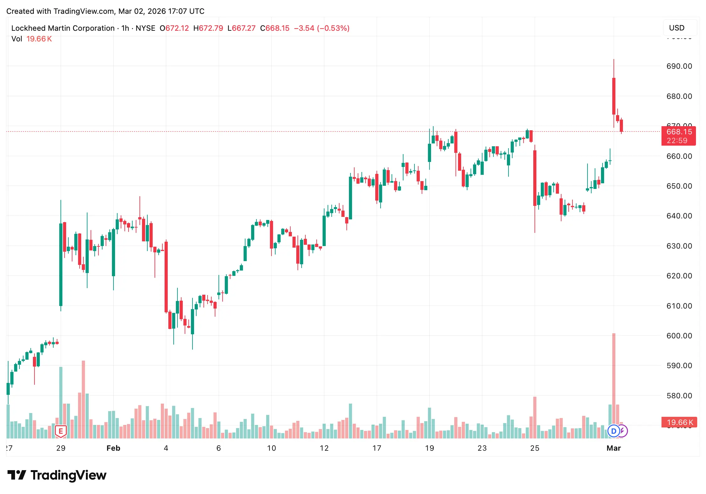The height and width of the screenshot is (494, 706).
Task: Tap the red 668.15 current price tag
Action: click(x=678, y=136)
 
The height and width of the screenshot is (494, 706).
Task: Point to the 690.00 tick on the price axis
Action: click(x=679, y=66)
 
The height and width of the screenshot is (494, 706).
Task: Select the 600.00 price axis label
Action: click(x=679, y=336)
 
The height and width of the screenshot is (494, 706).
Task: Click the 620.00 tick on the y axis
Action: click(x=679, y=276)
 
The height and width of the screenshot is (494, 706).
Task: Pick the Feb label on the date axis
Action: click(x=113, y=448)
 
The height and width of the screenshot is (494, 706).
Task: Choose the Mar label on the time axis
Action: click(x=614, y=448)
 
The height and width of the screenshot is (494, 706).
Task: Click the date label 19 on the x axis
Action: click(x=429, y=448)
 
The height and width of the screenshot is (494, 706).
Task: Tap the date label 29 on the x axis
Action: click(x=61, y=448)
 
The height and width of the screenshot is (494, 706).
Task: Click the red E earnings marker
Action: click(x=61, y=431)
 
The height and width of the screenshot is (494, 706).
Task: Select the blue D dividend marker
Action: click(x=614, y=431)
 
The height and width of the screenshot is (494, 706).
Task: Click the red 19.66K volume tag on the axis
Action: click(x=679, y=422)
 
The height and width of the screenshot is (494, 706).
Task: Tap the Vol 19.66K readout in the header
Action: click(x=32, y=39)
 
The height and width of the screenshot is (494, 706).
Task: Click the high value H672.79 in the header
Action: click(x=208, y=28)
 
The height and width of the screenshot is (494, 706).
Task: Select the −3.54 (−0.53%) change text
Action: click(x=321, y=28)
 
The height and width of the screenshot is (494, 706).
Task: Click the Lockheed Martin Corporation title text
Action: click(x=63, y=28)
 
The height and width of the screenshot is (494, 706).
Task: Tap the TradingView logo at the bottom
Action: click(x=57, y=475)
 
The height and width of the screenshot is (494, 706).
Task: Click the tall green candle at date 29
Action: click(x=61, y=264)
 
